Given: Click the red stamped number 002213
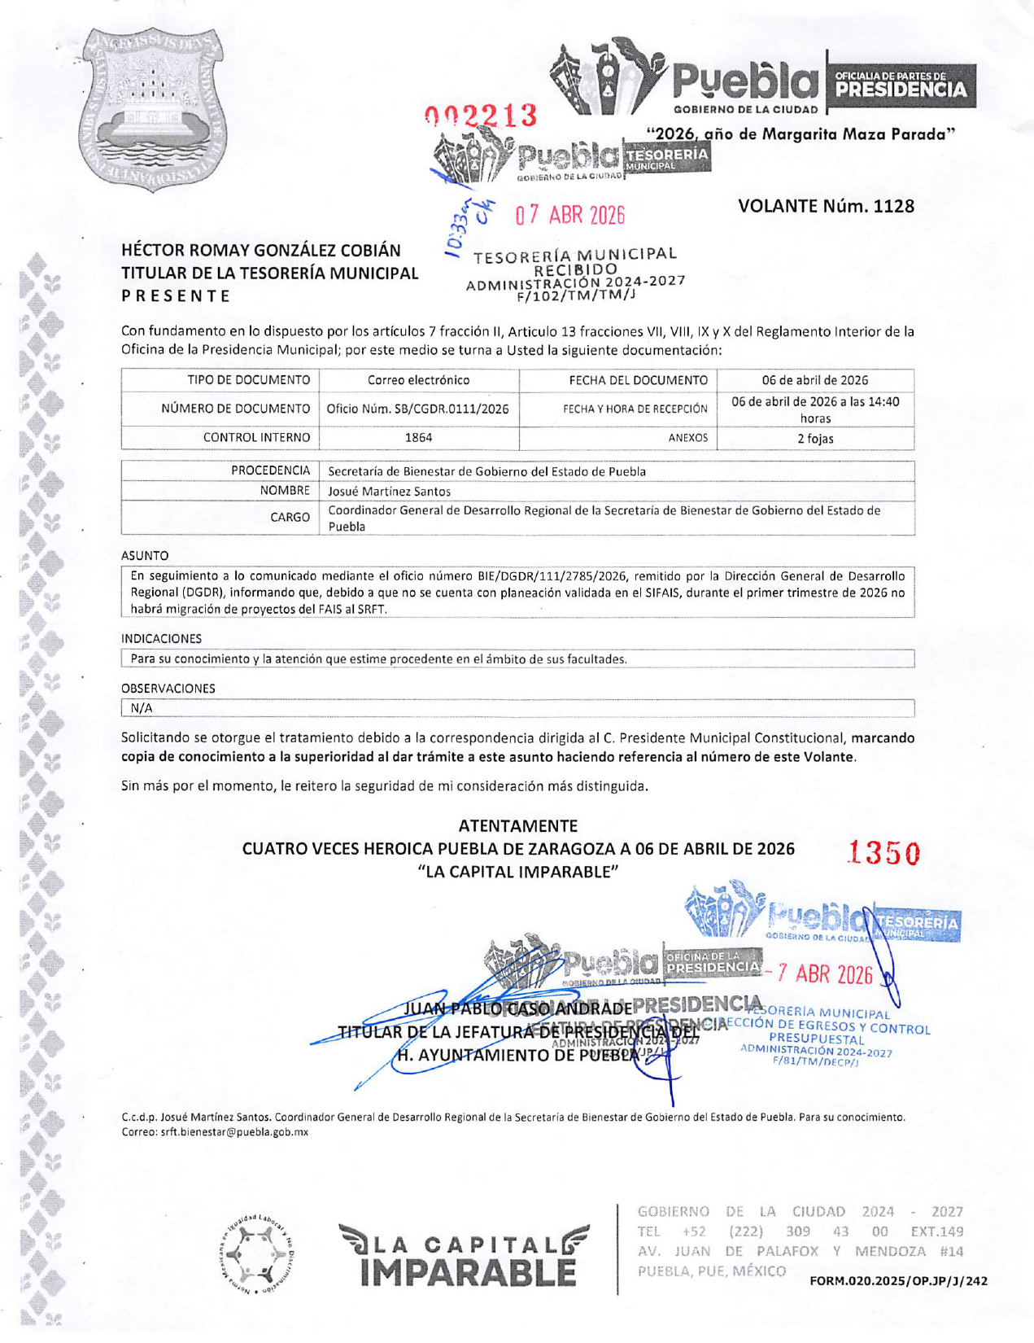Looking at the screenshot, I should (481, 116).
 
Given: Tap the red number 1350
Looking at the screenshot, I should (883, 854).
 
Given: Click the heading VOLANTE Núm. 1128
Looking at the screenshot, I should (826, 206).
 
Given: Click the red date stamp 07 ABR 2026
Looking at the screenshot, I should (569, 216).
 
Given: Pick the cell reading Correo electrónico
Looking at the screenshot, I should (418, 380).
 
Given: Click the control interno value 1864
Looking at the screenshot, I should (418, 438).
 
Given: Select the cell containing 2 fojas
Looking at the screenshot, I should (815, 439).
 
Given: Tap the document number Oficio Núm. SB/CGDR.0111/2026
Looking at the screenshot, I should (418, 409).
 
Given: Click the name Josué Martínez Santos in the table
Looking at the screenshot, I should (389, 492).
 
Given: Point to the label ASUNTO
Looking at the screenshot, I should (145, 556).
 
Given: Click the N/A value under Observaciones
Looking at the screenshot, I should (142, 708).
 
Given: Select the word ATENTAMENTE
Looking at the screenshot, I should (518, 825).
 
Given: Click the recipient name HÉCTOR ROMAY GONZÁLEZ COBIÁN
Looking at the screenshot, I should (261, 251).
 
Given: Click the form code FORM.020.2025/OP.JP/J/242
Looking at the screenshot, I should (898, 1281).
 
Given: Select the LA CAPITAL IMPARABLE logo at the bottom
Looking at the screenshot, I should (464, 1256).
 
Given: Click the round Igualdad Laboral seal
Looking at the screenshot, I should (258, 1256).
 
